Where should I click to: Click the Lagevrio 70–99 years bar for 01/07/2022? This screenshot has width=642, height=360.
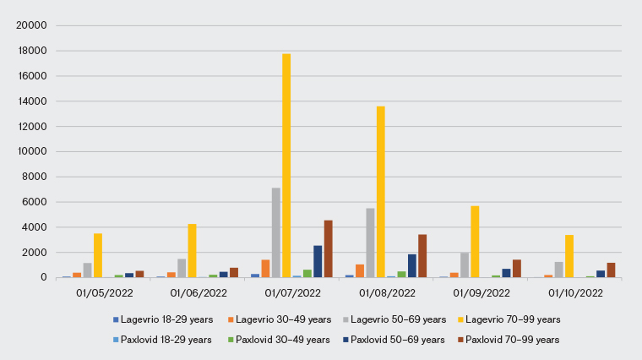[286, 166]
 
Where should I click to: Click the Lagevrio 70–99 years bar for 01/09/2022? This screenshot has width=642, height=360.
[475, 242]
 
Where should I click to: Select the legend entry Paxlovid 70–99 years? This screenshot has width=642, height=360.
[512, 340]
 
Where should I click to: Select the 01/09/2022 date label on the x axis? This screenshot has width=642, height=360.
[481, 293]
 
